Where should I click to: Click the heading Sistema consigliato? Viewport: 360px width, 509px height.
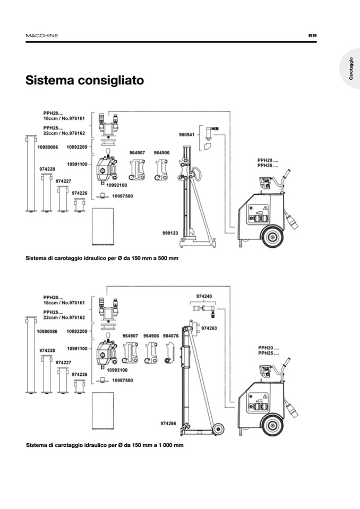coord(85,81)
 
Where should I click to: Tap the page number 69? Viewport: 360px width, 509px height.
coord(312,36)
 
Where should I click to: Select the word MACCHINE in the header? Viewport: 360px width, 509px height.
coord(42,36)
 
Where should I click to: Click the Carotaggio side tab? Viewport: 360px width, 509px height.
coord(351,69)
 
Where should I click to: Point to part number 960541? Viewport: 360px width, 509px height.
coord(186,134)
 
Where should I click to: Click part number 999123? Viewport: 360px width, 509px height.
coord(170,232)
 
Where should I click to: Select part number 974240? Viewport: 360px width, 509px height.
coord(204,296)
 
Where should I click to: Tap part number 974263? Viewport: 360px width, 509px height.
coord(209,329)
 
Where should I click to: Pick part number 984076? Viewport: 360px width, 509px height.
coord(171,336)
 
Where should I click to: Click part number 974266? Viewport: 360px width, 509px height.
coord(168,424)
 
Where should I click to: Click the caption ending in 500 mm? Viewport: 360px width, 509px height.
coord(102,258)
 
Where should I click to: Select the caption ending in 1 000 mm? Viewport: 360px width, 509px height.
coord(105,445)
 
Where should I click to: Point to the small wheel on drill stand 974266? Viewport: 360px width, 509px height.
coord(217,429)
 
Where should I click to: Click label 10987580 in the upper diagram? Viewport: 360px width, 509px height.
coord(122,196)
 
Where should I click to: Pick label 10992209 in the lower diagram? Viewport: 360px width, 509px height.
coord(77,331)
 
